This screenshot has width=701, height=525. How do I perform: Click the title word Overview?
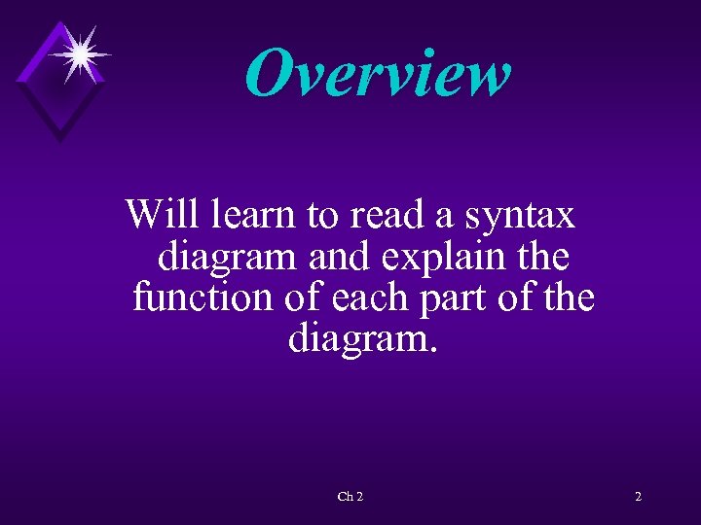tap(378, 73)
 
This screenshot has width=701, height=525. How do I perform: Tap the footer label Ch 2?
tap(350, 497)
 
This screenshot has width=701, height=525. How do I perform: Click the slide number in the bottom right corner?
tap(638, 497)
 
